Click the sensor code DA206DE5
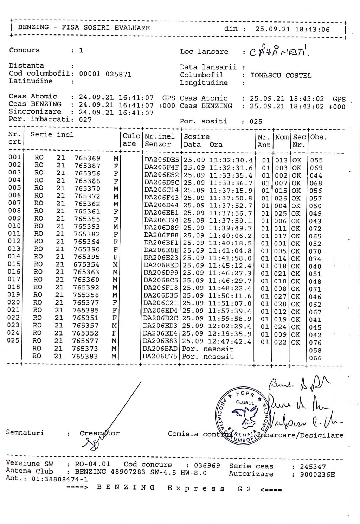pyautogui.click(x=162, y=160)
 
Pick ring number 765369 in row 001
pyautogui.click(x=87, y=158)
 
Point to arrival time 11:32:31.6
pyautogui.click(x=231, y=168)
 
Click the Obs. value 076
pyautogui.click(x=315, y=343)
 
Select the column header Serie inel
pyautogui.click(x=52, y=134)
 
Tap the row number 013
pyautogui.click(x=14, y=249)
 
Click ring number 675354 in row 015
pyautogui.click(x=87, y=264)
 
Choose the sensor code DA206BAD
pyautogui.click(x=161, y=349)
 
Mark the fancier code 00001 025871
pyautogui.click(x=105, y=74)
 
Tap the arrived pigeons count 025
pyautogui.click(x=256, y=121)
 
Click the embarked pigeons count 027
pyautogui.click(x=85, y=120)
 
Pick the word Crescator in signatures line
pyautogui.click(x=99, y=433)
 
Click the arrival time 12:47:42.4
pyautogui.click(x=231, y=342)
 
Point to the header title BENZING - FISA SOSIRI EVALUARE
pyautogui.click(x=84, y=28)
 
